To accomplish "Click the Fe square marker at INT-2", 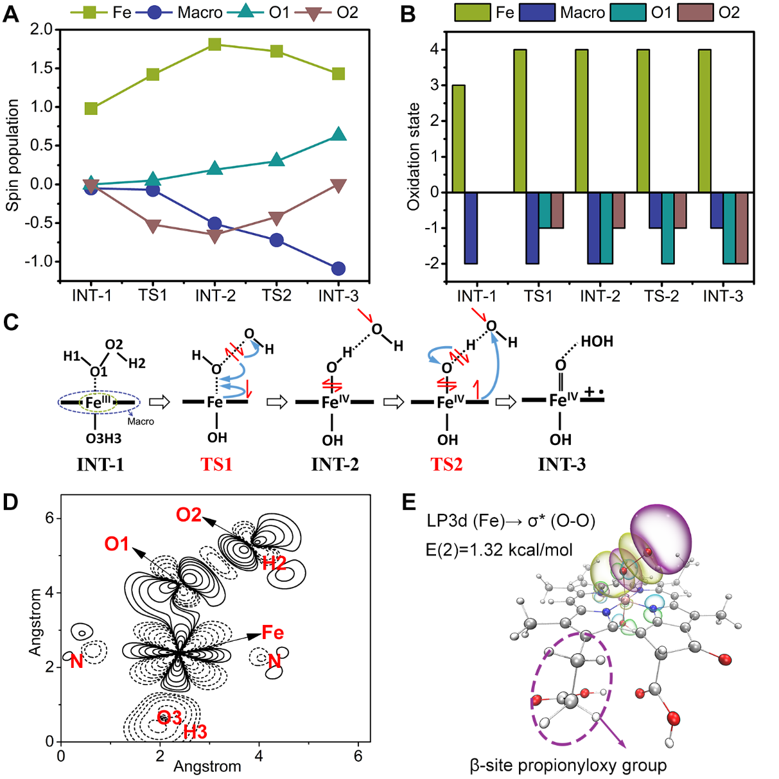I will coord(215,44).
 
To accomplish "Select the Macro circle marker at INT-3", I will coord(338,268).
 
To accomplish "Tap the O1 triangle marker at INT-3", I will coord(338,134).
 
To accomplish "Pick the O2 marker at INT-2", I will coord(215,236).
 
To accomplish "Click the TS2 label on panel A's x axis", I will coord(277,295).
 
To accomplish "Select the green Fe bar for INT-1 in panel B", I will coord(459,138).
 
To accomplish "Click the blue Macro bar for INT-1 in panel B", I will coord(471,227).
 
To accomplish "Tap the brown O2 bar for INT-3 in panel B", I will coord(742,227).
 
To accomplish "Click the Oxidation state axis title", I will coord(414,156).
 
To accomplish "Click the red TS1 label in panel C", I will coord(216,464).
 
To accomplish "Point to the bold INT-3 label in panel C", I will coord(561,464).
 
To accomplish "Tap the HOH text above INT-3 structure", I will coord(597,342).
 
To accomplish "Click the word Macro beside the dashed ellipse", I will coord(141,421).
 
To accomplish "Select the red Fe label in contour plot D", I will coord(272,633).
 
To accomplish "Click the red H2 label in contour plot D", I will coord(274,563).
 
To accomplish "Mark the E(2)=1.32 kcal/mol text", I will coord(499,549).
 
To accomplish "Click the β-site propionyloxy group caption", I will coord(568,766).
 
